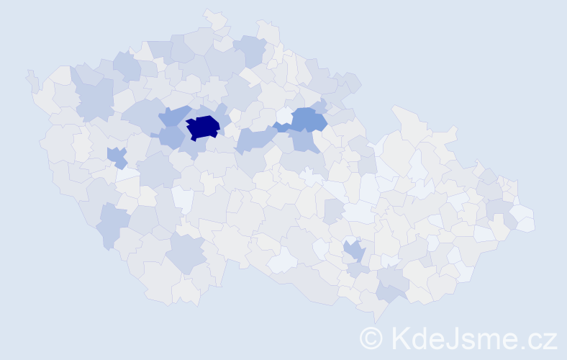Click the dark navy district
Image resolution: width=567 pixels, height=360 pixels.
click(x=203, y=127)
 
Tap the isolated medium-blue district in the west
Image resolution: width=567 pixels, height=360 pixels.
click(x=115, y=156)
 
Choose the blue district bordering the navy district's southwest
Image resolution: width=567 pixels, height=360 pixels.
click(x=171, y=136)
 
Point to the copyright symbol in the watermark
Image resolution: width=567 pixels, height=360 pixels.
click(x=371, y=338)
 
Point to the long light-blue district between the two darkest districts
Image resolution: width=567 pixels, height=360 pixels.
click(x=255, y=138)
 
